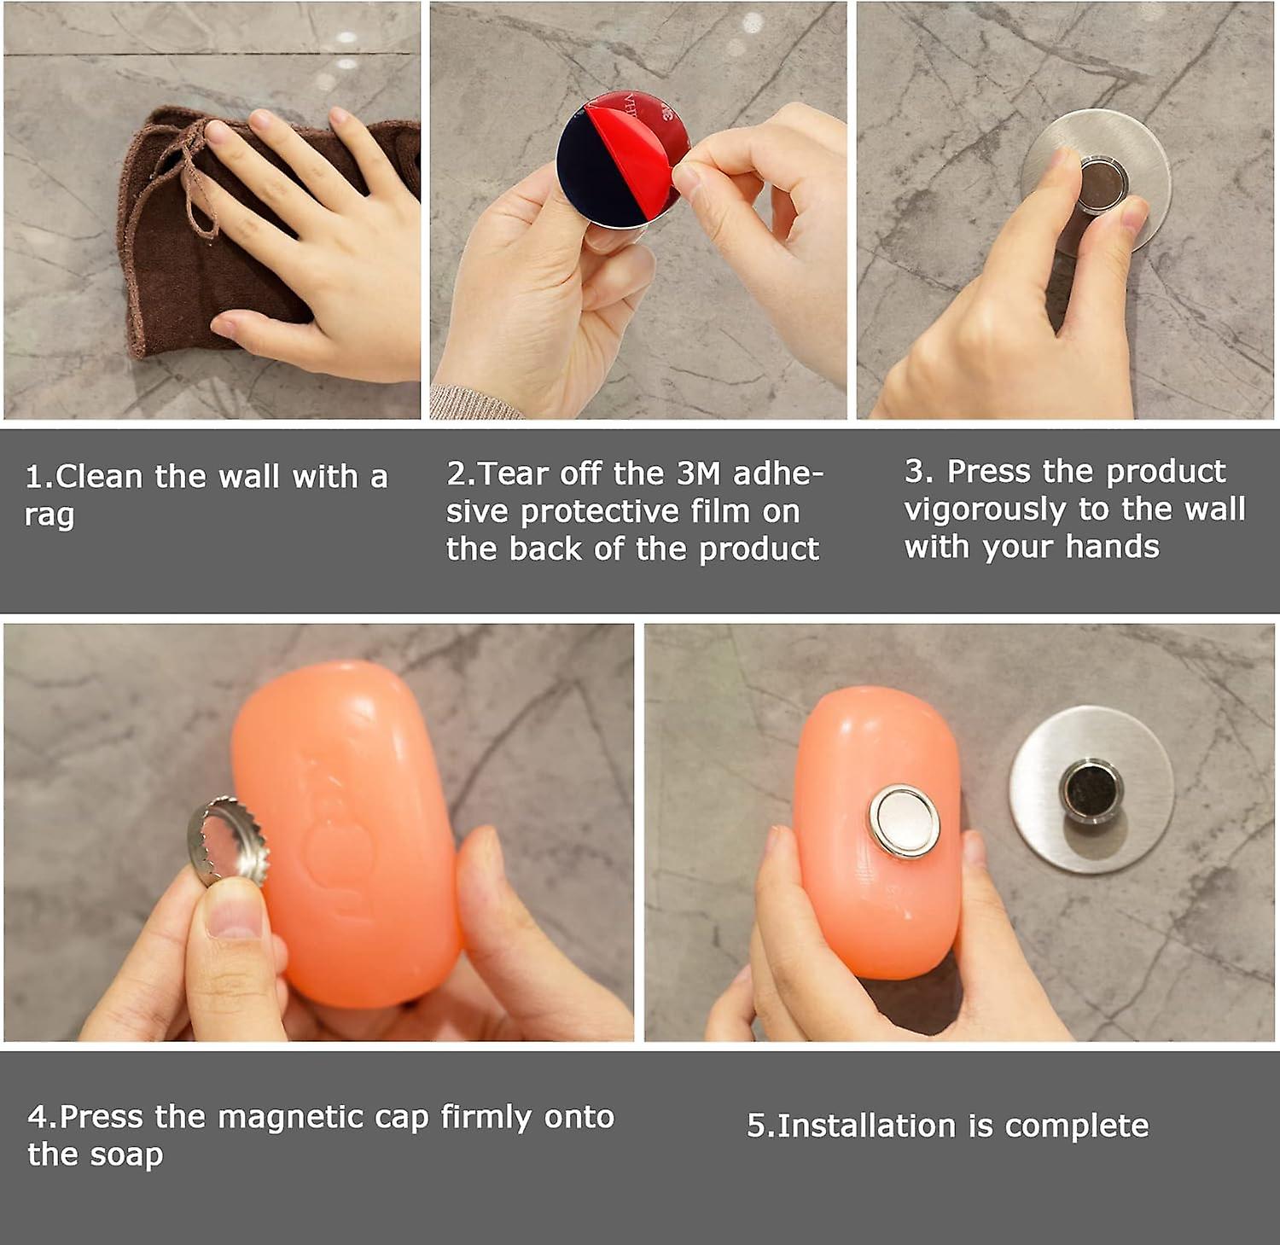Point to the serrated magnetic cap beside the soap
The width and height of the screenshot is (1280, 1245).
coord(226,840)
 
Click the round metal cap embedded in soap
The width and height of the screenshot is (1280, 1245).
coord(905,820)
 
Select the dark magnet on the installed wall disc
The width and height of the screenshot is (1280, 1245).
coord(1091,788)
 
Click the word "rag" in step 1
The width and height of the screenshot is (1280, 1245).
coord(49,516)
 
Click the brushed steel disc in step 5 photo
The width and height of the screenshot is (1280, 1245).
coord(1091,789)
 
